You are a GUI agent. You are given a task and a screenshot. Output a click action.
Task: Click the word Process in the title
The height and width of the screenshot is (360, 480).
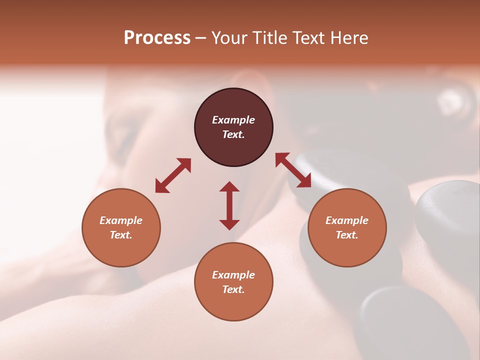157,38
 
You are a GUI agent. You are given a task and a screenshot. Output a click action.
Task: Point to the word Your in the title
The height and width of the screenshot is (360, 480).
230,38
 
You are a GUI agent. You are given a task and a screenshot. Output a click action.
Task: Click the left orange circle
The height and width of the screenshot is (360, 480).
121,227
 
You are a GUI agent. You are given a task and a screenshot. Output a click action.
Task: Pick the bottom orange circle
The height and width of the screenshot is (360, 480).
233,281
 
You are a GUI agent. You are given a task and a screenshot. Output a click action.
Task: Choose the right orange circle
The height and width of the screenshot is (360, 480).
346,227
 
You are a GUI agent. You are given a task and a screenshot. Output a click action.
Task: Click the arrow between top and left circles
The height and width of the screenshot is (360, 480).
173,175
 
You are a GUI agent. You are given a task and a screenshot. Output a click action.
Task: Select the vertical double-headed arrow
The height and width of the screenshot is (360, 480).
229,205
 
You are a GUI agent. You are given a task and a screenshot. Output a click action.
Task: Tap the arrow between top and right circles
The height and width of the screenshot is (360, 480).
293,170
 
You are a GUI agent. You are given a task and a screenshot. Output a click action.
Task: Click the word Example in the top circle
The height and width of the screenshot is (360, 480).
233,120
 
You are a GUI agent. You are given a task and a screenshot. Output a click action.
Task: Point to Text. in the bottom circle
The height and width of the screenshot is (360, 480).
233,289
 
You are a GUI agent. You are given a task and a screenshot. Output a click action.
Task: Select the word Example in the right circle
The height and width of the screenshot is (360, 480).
346,220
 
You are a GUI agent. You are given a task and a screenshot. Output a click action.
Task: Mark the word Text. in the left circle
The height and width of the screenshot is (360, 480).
121,235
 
